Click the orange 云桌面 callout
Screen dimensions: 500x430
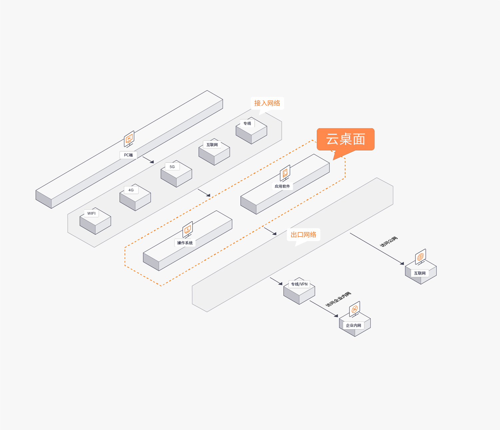(x=345, y=139)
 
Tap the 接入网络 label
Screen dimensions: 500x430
(x=267, y=103)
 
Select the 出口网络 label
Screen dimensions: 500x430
(x=303, y=234)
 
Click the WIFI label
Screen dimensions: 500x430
(x=91, y=213)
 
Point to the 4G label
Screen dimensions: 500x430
(x=131, y=190)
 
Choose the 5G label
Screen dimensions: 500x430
(x=172, y=166)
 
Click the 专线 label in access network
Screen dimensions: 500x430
(x=247, y=123)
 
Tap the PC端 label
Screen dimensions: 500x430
(x=129, y=155)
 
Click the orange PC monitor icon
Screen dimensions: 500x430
(x=129, y=139)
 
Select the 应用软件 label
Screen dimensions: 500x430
(x=282, y=186)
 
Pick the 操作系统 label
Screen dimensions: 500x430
(x=185, y=243)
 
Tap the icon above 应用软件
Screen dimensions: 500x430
(x=285, y=173)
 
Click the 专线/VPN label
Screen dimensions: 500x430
(x=299, y=284)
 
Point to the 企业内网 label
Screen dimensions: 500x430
(x=353, y=325)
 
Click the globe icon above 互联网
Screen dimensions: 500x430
(x=421, y=257)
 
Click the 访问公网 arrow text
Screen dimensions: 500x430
(x=389, y=242)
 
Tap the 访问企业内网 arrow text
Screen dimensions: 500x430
(x=338, y=299)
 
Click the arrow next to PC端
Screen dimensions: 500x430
(x=148, y=160)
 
